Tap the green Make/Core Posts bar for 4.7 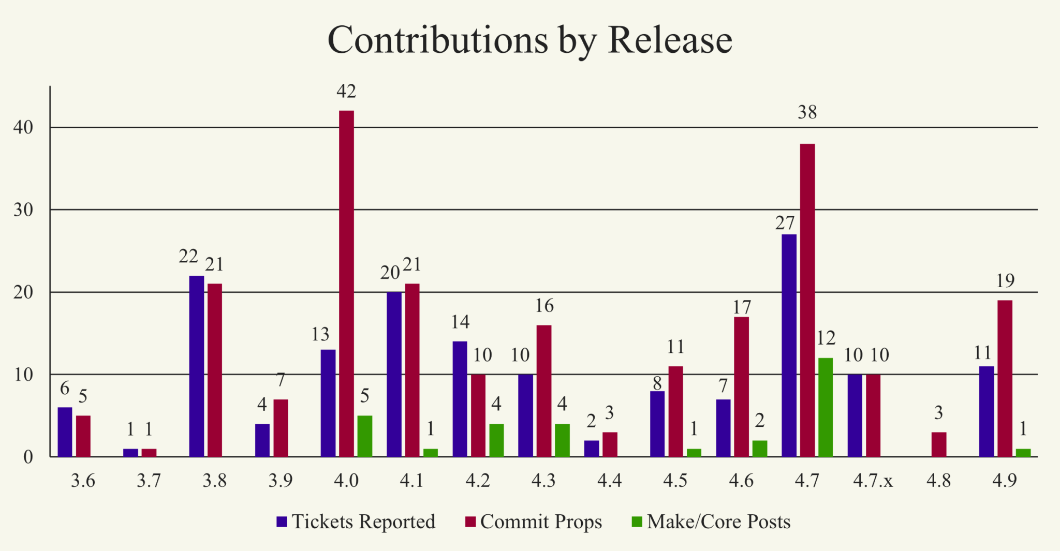[826, 407]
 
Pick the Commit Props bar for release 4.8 [939, 444]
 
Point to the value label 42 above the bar [346, 92]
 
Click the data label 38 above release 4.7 [807, 112]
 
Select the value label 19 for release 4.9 [1005, 281]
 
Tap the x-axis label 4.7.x [873, 481]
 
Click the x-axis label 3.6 [83, 481]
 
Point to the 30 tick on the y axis [23, 210]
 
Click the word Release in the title [670, 40]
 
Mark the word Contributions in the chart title [438, 40]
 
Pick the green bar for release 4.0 [365, 436]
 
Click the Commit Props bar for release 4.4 [610, 444]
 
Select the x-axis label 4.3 [543, 481]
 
